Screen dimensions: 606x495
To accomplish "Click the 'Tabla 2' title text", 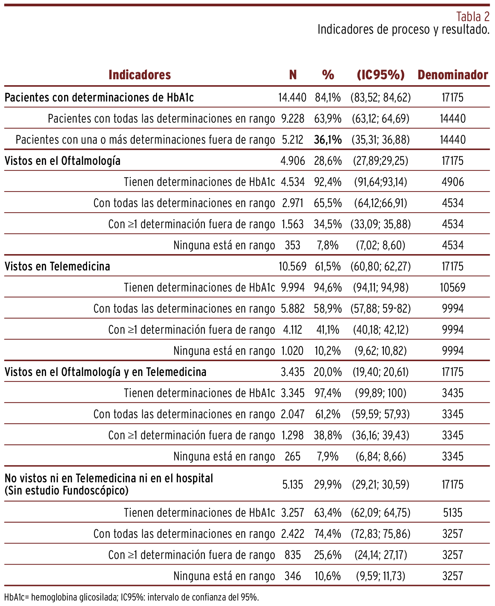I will click(473, 17).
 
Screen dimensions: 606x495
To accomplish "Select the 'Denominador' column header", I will click(453, 75).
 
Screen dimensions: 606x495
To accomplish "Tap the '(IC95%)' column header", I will click(381, 75).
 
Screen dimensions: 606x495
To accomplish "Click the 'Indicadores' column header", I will click(140, 75).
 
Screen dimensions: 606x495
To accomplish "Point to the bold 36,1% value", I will click(328, 140).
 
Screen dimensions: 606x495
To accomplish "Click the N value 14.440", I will click(292, 97).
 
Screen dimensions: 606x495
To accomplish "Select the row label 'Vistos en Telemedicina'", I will click(57, 266).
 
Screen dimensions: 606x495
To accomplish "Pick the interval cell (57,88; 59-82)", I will click(381, 309).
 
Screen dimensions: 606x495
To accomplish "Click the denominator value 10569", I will click(453, 287).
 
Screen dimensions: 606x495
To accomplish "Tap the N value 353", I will click(292, 245).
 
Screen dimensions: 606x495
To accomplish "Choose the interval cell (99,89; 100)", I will click(381, 393).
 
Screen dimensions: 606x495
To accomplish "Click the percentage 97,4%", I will click(328, 393).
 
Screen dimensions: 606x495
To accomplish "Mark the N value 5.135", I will click(292, 485).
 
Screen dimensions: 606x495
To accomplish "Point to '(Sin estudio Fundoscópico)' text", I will click(67, 491).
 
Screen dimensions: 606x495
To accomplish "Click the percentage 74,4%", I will click(328, 534).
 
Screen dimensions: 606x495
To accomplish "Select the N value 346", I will click(292, 576).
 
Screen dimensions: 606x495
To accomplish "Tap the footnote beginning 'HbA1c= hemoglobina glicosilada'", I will click(131, 597).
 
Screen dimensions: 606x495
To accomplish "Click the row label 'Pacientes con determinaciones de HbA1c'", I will click(99, 97).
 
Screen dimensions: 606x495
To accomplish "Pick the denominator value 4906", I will click(453, 182).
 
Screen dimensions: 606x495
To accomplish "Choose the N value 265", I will click(292, 456).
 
